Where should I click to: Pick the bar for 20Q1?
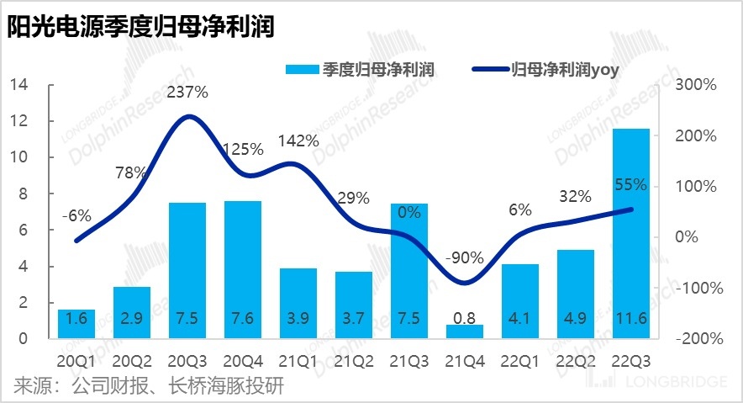pos(76,323)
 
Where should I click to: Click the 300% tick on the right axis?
pos(698,85)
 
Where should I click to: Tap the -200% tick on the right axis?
pos(697,339)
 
